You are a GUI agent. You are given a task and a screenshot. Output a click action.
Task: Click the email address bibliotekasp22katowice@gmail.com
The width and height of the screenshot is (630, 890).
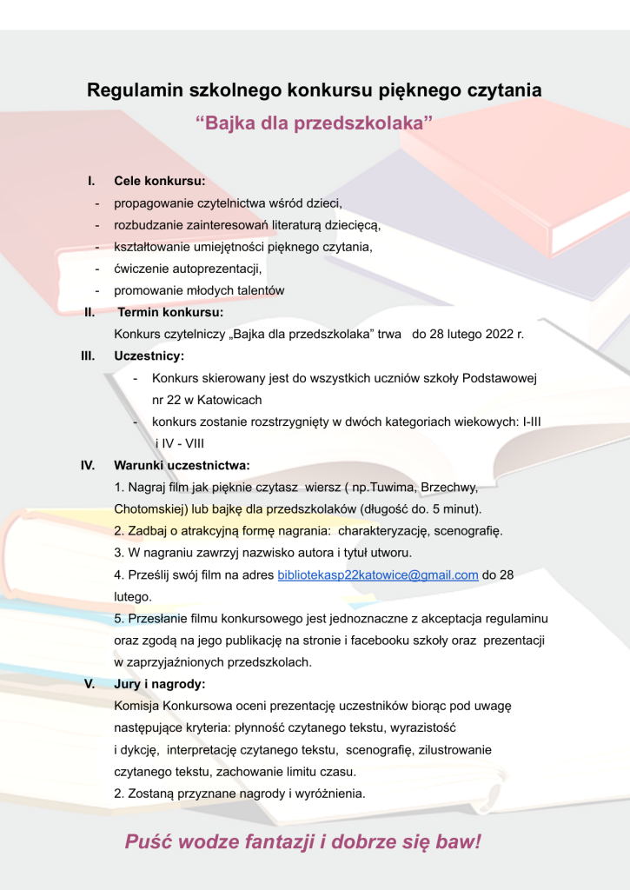tap(378, 575)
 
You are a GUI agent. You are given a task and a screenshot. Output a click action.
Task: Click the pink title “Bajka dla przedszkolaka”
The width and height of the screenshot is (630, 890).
tap(315, 123)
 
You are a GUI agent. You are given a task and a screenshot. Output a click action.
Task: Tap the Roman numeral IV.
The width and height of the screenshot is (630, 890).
tap(88, 466)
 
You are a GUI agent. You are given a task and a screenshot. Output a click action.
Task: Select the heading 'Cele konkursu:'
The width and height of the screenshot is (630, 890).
tap(160, 182)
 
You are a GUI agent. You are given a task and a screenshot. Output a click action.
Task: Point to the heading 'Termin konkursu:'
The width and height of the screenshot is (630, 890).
tap(170, 312)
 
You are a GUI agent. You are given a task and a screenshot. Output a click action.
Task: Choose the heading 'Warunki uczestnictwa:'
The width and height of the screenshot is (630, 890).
tap(182, 466)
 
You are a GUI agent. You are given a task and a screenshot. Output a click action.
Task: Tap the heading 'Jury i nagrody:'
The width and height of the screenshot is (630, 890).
tap(159, 684)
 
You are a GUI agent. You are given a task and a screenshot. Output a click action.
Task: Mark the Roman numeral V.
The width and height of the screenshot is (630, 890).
tap(90, 684)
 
